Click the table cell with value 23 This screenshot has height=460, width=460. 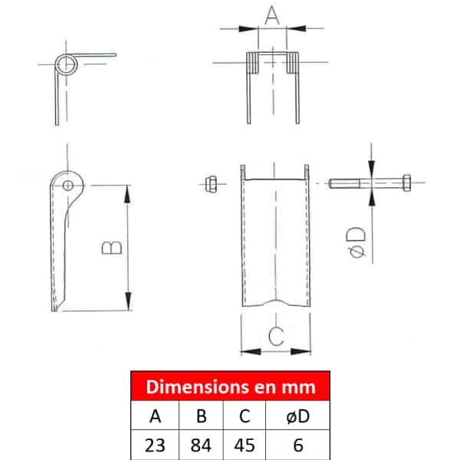155,445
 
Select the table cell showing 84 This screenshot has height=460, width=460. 201,445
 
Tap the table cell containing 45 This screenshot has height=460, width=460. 245,445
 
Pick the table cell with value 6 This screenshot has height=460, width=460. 297,445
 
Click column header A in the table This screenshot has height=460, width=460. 155,416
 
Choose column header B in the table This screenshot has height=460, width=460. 201,416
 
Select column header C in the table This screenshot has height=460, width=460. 245,416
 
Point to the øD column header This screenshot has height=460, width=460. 297,416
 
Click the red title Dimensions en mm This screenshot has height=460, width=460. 231,386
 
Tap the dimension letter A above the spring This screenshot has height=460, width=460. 272,15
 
